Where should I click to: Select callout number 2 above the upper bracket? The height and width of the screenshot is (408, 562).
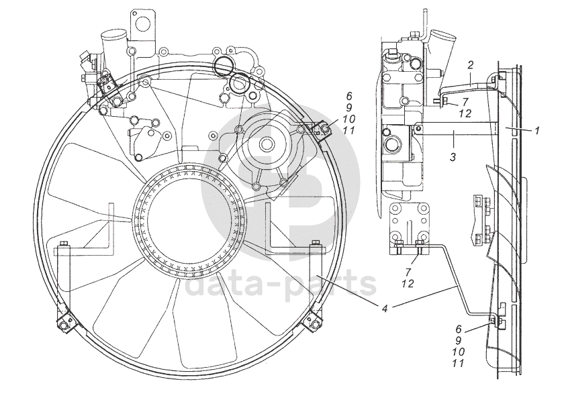pos(471,65)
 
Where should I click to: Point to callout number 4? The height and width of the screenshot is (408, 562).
pos(384,309)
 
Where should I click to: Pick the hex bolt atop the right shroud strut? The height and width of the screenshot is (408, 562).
pos(314,243)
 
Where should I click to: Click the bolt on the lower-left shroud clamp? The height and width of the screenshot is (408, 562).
pos(65,326)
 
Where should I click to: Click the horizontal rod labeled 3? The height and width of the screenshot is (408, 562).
pos(457,129)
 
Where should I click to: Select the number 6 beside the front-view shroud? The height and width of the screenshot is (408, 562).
pos(348,96)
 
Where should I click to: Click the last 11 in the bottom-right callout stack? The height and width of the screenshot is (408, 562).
pos(459,364)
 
